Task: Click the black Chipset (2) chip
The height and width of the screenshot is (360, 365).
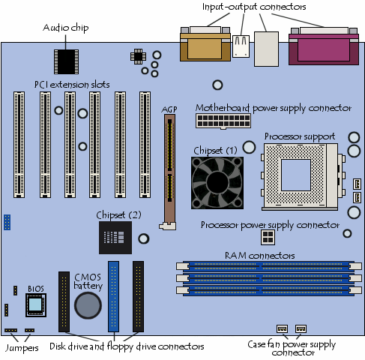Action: (x=114, y=239)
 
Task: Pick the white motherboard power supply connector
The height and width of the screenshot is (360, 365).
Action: (x=216, y=121)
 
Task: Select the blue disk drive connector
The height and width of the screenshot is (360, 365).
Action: (x=114, y=295)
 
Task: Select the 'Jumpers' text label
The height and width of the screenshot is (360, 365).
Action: (x=21, y=348)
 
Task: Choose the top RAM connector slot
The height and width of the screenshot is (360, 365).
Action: (x=265, y=265)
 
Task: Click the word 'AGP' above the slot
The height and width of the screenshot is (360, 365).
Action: (x=169, y=109)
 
